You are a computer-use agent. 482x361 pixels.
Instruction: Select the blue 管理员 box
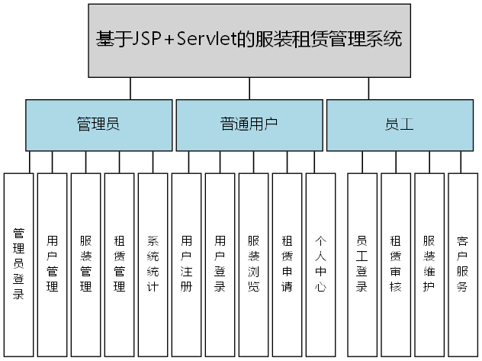[x=98, y=125]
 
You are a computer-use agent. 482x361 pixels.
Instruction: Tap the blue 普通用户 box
[x=249, y=125]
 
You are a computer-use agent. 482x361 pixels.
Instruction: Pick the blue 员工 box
[x=400, y=125]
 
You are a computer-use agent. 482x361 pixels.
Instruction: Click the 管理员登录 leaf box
[x=19, y=264]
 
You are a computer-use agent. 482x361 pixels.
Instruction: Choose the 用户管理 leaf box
[x=53, y=264]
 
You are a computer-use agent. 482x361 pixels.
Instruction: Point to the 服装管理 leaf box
[x=86, y=264]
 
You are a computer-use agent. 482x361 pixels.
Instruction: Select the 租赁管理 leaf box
[x=120, y=264]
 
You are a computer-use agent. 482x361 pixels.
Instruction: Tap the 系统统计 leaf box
[x=153, y=264]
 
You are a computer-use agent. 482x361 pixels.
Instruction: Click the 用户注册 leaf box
[x=186, y=264]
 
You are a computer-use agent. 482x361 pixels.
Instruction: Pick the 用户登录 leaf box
[x=220, y=264]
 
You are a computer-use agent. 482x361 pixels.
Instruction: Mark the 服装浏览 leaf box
[x=253, y=264]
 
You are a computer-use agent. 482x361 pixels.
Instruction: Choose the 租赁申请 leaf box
[x=287, y=264]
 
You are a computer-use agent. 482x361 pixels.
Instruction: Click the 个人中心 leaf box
[x=320, y=264]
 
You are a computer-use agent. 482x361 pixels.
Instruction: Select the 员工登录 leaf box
[x=362, y=264]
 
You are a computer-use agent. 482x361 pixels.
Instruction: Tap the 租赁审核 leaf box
[x=396, y=264]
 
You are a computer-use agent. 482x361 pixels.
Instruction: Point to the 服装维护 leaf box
[x=429, y=264]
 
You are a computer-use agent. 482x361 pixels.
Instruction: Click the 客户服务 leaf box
[x=462, y=264]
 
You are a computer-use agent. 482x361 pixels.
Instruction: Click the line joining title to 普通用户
[x=249, y=89]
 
